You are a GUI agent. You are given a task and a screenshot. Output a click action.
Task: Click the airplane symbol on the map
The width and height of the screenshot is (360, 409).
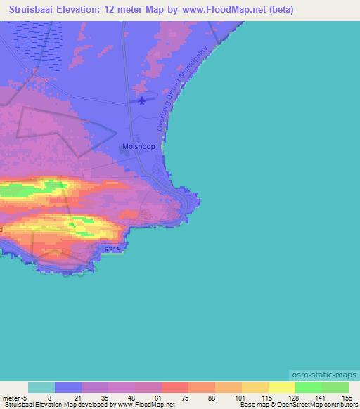click(x=143, y=100)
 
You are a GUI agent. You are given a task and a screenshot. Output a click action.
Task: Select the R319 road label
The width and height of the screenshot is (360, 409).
click(x=111, y=249)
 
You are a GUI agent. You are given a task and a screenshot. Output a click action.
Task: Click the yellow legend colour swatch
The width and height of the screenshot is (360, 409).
click(x=281, y=387)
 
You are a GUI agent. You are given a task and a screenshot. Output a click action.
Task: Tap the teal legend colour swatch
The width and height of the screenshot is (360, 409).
click(x=41, y=387)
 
